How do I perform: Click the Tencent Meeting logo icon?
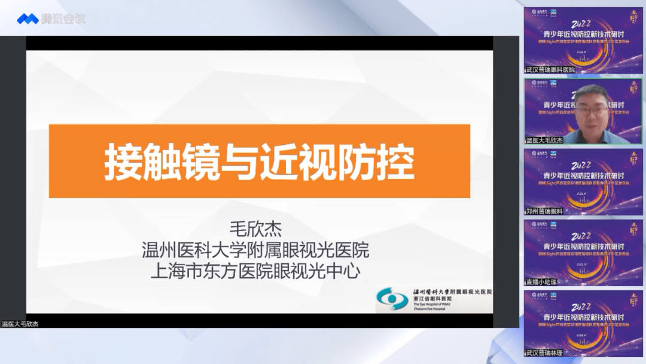pyautogui.click(x=27, y=19)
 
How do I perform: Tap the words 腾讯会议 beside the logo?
pyautogui.click(x=63, y=19)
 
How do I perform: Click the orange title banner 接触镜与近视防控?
pyautogui.click(x=259, y=161)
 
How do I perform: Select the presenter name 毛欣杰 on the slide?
pyautogui.click(x=255, y=229)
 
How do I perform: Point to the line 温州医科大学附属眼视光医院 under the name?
pyautogui.click(x=255, y=250)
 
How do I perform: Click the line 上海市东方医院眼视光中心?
pyautogui.click(x=255, y=271)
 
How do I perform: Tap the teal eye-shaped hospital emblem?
pyautogui.click(x=393, y=299)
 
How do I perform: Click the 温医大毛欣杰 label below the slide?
pyautogui.click(x=20, y=324)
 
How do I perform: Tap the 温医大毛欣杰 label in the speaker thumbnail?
pyautogui.click(x=544, y=140)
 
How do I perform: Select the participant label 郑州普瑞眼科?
pyautogui.click(x=544, y=211)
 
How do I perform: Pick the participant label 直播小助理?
pyautogui.click(x=541, y=281)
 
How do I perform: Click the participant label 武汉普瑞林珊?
pyautogui.click(x=544, y=353)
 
